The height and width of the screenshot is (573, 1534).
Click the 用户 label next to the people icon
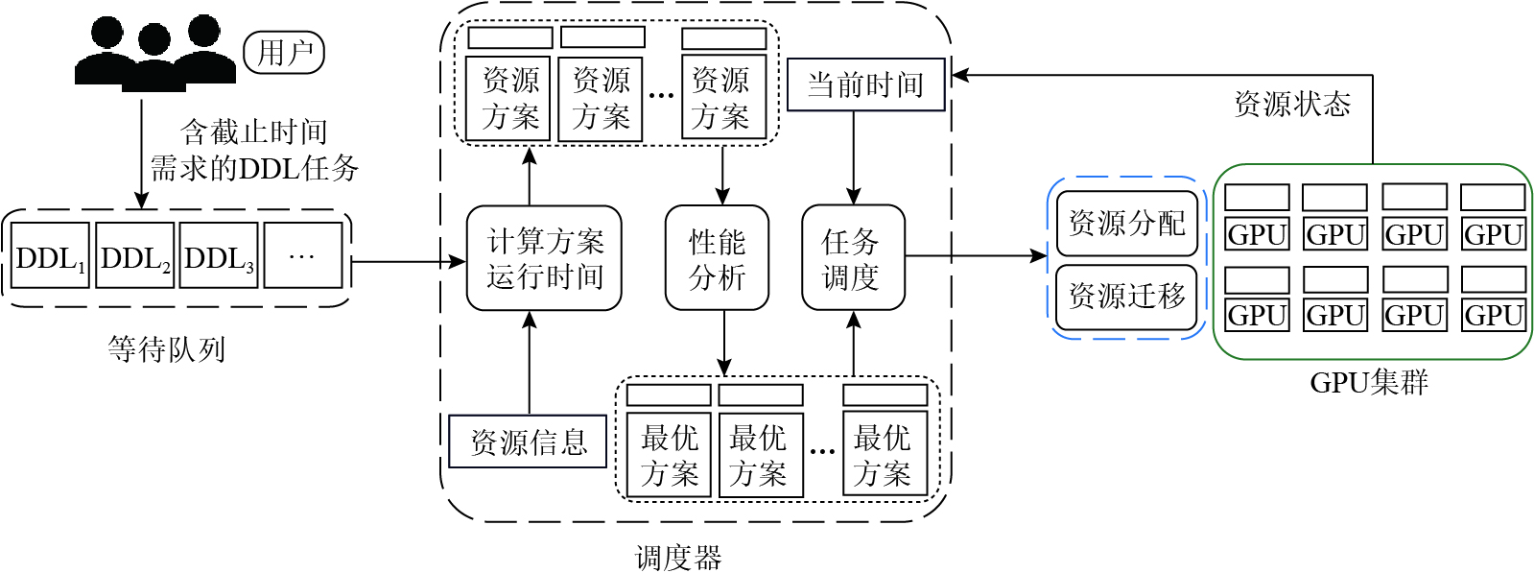pyautogui.click(x=284, y=53)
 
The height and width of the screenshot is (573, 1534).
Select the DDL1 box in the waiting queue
pyautogui.click(x=51, y=256)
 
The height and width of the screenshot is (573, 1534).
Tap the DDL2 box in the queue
pyautogui.click(x=135, y=256)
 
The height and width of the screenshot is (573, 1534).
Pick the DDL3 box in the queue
pyautogui.click(x=220, y=256)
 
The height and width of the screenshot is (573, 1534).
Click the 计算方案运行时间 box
pyautogui.click(x=544, y=258)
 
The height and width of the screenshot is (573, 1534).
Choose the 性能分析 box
pyautogui.click(x=717, y=258)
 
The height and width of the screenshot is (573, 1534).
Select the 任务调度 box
pyautogui.click(x=853, y=258)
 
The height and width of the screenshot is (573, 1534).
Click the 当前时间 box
pyautogui.click(x=865, y=85)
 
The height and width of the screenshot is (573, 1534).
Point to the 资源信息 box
pyautogui.click(x=528, y=442)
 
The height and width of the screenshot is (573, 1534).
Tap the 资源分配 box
pyautogui.click(x=1126, y=223)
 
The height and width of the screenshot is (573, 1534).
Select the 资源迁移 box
pyautogui.click(x=1126, y=297)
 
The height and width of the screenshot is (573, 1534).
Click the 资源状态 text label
pyautogui.click(x=1291, y=104)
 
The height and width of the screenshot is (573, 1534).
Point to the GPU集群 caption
pyautogui.click(x=1369, y=383)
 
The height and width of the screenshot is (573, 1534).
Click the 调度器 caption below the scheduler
pyautogui.click(x=678, y=558)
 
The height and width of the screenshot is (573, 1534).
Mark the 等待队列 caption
pyautogui.click(x=166, y=348)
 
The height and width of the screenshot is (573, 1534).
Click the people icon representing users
pyautogui.click(x=155, y=53)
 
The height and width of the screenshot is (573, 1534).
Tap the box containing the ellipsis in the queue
pyautogui.click(x=302, y=256)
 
